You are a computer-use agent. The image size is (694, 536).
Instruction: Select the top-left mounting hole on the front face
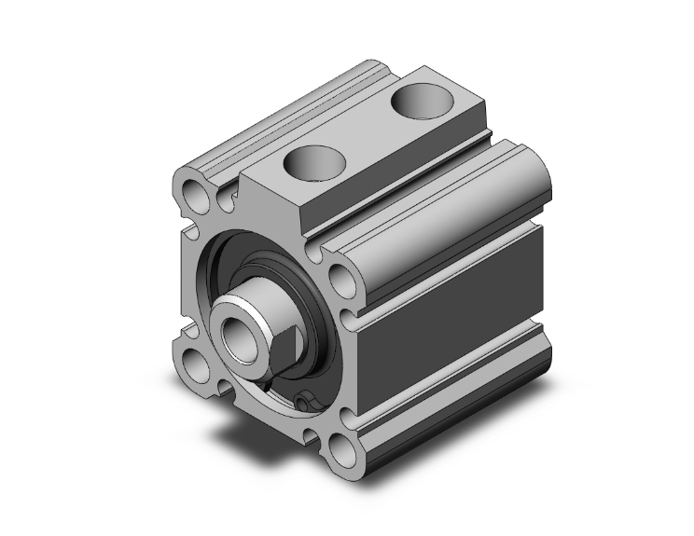tap(197, 193)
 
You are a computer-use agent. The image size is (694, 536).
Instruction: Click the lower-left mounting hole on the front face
tap(197, 359)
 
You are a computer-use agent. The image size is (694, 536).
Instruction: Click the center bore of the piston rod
tap(232, 332)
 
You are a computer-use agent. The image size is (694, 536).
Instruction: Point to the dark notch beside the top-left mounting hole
tap(225, 197)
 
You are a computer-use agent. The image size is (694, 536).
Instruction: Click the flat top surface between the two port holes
tap(373, 140)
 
